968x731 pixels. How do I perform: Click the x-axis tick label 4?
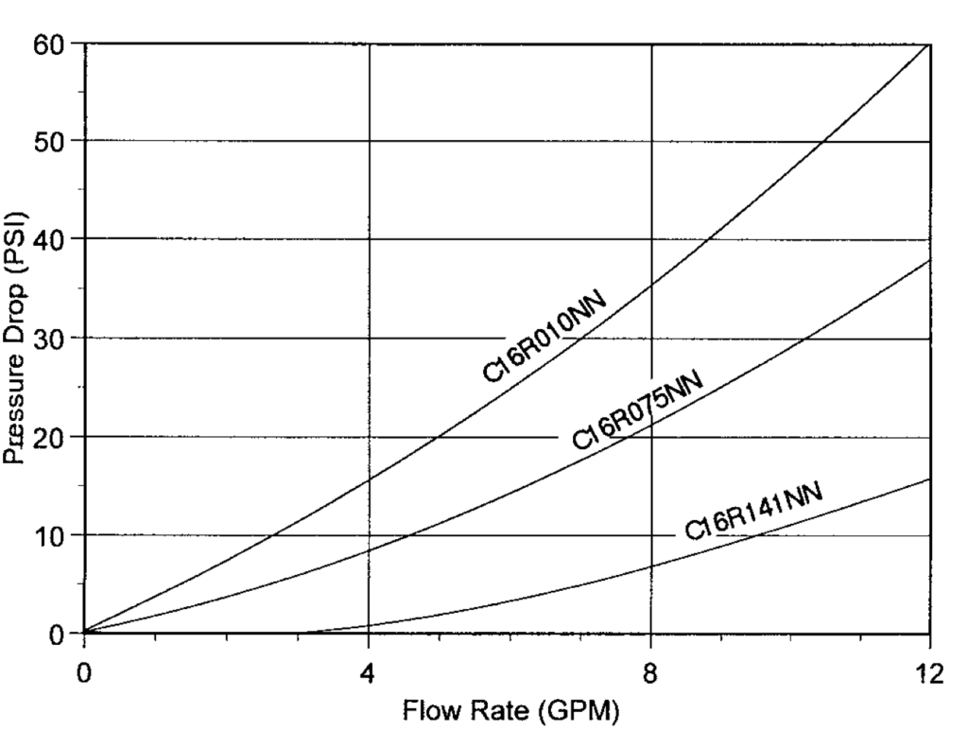point(368,673)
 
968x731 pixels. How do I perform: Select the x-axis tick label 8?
point(650,673)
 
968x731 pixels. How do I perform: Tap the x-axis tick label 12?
point(930,673)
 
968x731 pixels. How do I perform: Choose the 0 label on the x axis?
point(84,673)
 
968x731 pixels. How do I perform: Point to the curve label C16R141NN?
point(753,511)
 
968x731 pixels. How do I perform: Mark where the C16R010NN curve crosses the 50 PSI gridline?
point(825,142)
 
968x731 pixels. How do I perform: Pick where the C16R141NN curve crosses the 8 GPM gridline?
point(651,566)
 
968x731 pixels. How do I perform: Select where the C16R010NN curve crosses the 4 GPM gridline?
point(369,479)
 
